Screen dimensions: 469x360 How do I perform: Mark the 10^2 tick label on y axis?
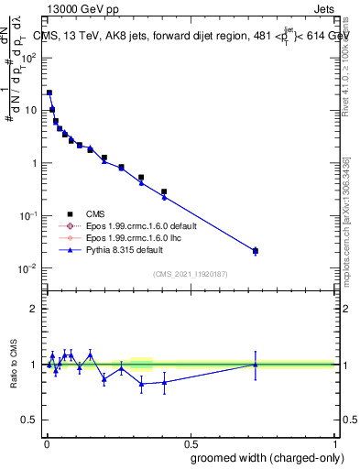point(29,58)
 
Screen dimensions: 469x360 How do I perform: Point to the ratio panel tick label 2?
point(34,309)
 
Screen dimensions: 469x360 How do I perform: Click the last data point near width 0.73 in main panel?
point(256,251)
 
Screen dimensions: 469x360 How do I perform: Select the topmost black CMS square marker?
point(49,93)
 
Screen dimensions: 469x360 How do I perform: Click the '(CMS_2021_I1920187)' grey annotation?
point(190,273)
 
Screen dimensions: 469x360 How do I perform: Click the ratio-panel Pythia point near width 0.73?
point(256,365)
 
